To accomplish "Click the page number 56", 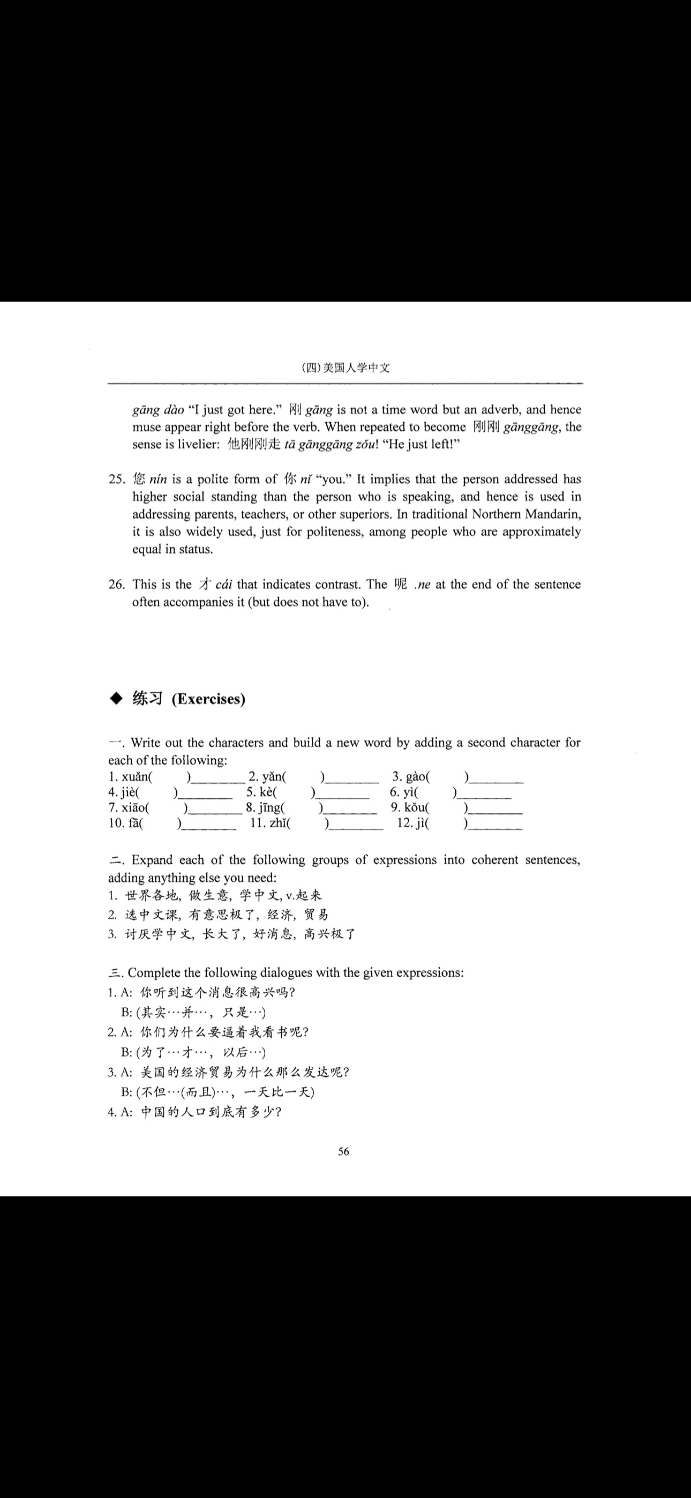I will pos(344,1151).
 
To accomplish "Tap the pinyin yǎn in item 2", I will pos(272,776).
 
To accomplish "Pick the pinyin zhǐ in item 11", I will pos(276,823).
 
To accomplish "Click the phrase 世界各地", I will pos(151,895).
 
